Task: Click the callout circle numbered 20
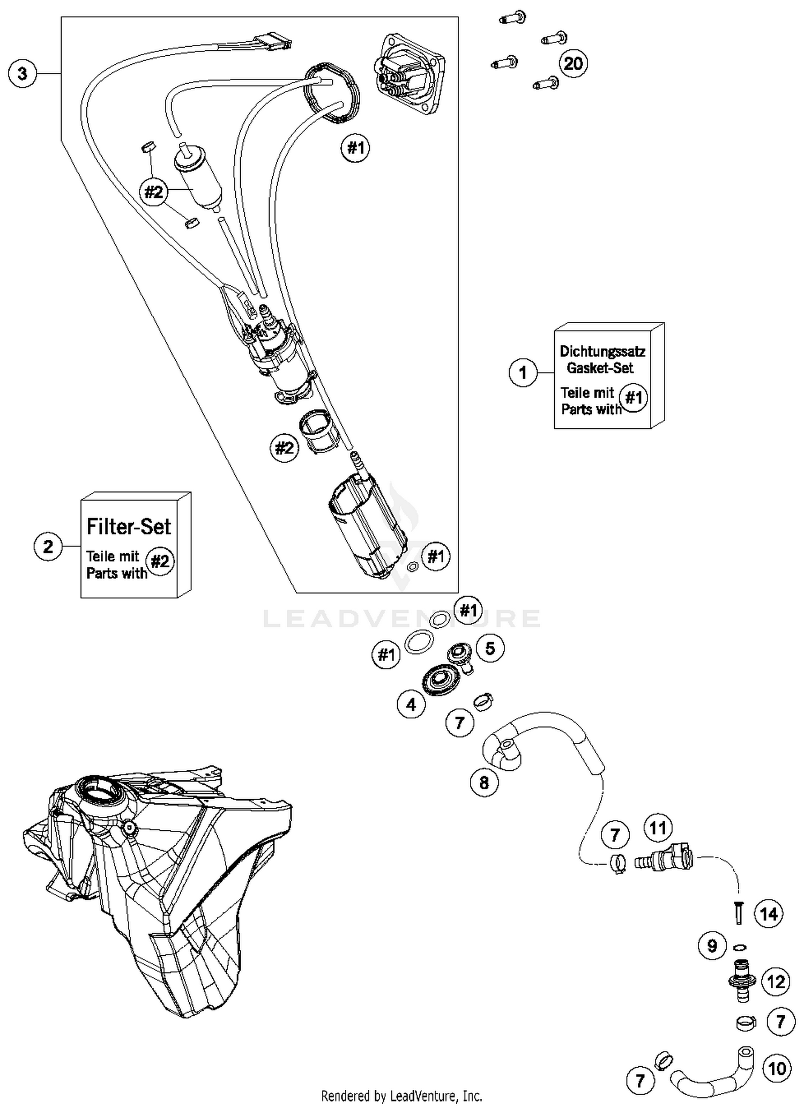(573, 64)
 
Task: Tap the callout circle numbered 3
(23, 73)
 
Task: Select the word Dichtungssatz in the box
(602, 352)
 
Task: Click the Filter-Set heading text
(129, 526)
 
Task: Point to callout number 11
(658, 828)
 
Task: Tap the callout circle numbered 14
(769, 914)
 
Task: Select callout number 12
(776, 982)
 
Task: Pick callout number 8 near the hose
(484, 783)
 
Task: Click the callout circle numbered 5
(490, 649)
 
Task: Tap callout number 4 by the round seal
(411, 704)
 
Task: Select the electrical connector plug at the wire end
(273, 42)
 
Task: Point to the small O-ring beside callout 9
(739, 947)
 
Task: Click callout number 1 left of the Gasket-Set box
(523, 373)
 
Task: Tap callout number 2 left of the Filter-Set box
(48, 547)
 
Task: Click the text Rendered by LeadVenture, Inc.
(401, 1096)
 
